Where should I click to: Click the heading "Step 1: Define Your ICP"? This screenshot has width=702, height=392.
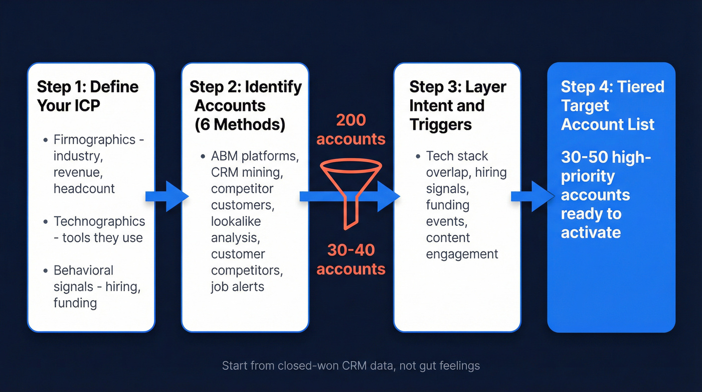[87, 96]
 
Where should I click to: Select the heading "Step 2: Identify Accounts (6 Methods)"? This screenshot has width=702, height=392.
[245, 105]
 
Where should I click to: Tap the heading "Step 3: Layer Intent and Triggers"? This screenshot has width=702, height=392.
[457, 105]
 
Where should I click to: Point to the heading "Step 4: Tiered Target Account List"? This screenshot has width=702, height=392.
[612, 105]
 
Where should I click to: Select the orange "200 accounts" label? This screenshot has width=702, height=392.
[350, 129]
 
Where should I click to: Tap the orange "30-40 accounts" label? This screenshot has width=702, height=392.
[350, 259]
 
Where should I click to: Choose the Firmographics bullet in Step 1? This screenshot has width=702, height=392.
[98, 164]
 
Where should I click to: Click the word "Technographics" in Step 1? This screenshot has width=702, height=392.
[99, 221]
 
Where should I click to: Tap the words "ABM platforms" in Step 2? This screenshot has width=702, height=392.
[255, 156]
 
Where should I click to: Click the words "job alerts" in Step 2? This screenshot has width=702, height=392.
[237, 287]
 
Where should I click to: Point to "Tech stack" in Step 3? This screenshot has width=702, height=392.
[457, 156]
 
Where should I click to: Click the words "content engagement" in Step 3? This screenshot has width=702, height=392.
[461, 245]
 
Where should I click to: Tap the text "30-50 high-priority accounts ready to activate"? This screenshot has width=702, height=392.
[605, 195]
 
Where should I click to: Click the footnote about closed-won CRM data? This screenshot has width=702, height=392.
[350, 365]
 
